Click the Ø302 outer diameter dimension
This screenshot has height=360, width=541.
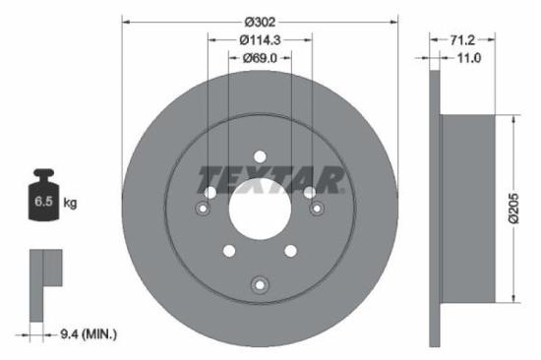click(260, 21)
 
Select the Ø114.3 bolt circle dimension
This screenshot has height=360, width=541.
click(260, 40)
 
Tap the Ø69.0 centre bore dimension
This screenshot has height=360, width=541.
click(260, 59)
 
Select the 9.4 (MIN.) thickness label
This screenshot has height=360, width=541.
click(88, 335)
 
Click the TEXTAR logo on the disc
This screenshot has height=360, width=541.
click(271, 180)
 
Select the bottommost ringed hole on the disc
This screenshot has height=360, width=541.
click(260, 285)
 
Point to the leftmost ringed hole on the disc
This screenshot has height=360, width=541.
click(204, 209)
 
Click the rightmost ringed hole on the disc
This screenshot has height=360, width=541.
click(317, 209)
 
